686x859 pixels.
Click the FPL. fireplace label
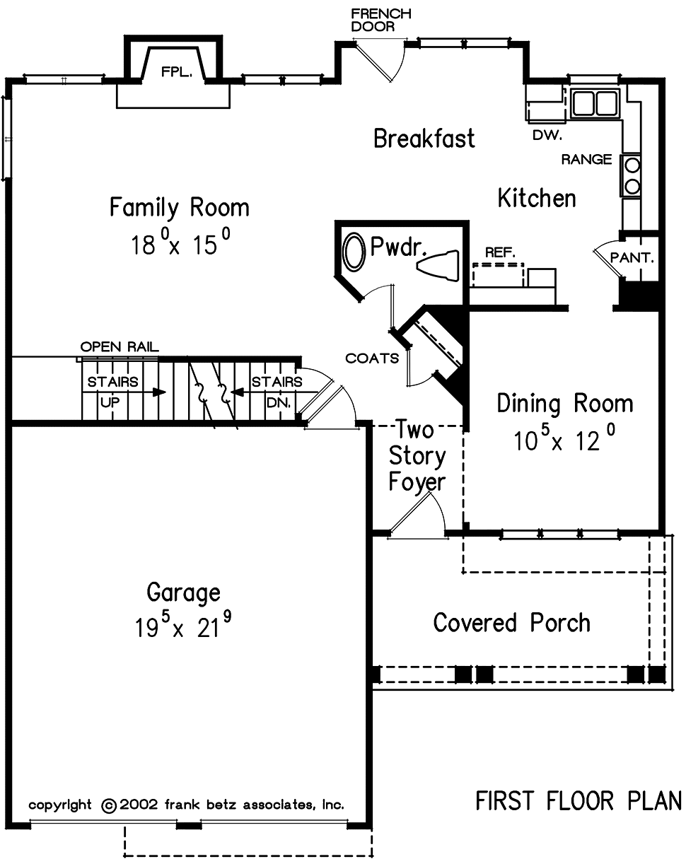[x=177, y=72]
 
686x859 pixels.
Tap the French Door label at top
[x=381, y=20]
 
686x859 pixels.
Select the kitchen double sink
[x=595, y=103]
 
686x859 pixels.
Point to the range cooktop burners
[x=632, y=175]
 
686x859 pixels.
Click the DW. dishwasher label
[x=547, y=135]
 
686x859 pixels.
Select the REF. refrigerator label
[x=500, y=252]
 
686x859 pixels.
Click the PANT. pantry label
[x=632, y=257]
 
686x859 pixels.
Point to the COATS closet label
[x=372, y=358]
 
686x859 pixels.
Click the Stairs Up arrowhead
[x=160, y=392]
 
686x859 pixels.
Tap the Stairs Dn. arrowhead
[x=238, y=392]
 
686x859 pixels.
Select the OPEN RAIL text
[x=120, y=346]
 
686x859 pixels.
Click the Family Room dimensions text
[x=181, y=242]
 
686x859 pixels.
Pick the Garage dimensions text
[x=183, y=625]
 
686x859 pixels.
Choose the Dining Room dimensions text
[x=564, y=438]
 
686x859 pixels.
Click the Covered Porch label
[x=511, y=622]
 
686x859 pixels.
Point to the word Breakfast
[x=424, y=138]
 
